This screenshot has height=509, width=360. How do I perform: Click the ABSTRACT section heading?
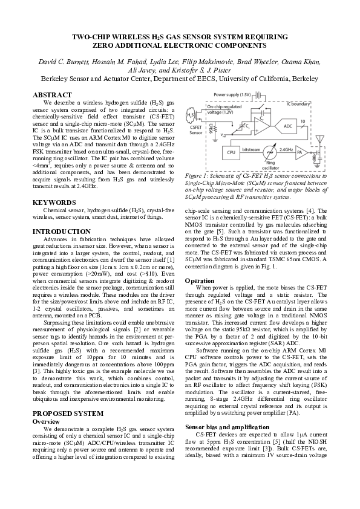(54, 96)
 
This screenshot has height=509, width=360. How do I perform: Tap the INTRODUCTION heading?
(62, 232)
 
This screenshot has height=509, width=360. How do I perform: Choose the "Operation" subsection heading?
(200, 281)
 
